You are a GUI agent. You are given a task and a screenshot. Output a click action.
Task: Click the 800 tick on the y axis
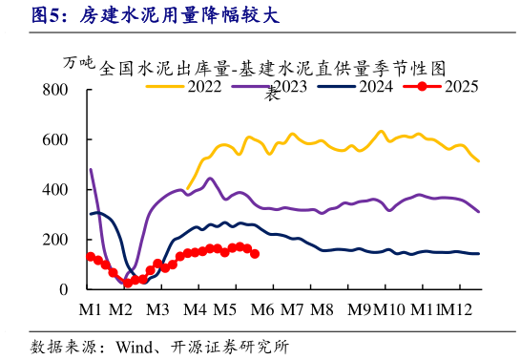56,90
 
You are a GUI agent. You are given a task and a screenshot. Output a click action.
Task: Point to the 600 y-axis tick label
56,139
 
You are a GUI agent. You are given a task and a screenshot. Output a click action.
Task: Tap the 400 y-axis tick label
56,189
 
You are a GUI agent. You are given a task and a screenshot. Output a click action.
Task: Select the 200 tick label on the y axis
56,239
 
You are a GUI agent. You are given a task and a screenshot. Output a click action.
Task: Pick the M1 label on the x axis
91,310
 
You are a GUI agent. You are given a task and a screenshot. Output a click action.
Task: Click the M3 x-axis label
157,310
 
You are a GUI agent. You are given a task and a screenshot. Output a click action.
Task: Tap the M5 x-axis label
224,310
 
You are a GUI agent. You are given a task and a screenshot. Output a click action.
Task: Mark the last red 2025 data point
255,253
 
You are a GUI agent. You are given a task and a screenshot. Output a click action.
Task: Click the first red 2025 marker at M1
91,257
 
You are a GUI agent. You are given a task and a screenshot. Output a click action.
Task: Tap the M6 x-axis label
263,310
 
